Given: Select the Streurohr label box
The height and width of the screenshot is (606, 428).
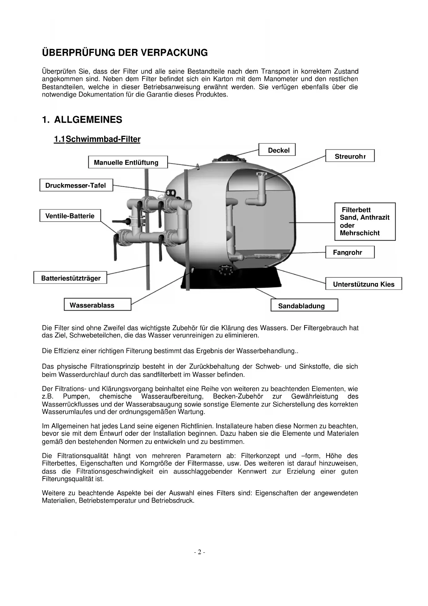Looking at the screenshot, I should click(350, 156).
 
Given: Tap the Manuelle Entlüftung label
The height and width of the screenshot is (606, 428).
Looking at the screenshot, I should click(128, 162).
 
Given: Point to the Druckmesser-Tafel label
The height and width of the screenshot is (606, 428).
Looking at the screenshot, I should click(76, 185).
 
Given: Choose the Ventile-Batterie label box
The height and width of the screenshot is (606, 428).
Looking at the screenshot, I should click(70, 216).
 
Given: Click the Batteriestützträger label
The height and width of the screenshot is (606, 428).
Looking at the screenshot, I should click(70, 278).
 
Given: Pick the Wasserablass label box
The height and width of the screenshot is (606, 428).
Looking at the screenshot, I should click(97, 305).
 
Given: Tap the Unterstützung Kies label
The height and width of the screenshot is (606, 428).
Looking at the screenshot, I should click(364, 284).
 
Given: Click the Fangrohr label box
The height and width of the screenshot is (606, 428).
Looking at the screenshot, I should click(350, 252).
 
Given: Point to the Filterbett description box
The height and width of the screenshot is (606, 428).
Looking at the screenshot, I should click(365, 221).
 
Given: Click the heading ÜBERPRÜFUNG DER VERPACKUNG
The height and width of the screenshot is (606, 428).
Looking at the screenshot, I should click(125, 53).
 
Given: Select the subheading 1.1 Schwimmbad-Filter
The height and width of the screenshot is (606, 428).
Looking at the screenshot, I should click(97, 139).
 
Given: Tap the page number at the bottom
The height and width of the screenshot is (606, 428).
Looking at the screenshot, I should click(199, 552).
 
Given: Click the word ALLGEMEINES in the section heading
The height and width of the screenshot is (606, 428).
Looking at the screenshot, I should click(88, 120).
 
